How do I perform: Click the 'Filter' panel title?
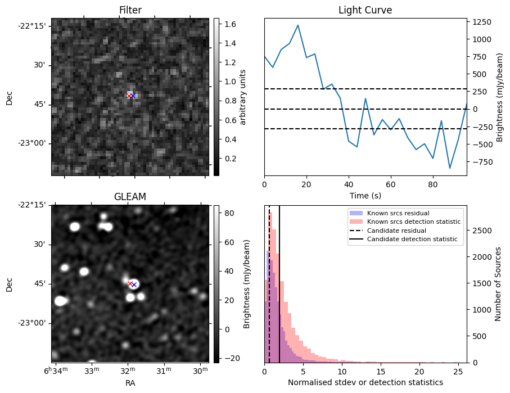pyautogui.click(x=130, y=10)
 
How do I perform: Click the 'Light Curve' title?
pyautogui.click(x=365, y=10)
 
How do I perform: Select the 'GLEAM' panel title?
pyautogui.click(x=130, y=197)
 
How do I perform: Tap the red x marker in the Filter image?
pyautogui.click(x=129, y=96)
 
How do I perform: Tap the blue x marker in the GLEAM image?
pyautogui.click(x=134, y=284)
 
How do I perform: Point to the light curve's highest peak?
pyautogui.click(x=298, y=25)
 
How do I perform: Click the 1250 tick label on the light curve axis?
pyautogui.click(x=480, y=22)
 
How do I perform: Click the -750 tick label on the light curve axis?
pyautogui.click(x=481, y=162)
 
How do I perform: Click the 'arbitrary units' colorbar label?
pyautogui.click(x=243, y=97)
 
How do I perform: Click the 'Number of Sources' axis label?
pyautogui.click(x=498, y=284)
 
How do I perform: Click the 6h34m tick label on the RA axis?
pyautogui.click(x=56, y=370)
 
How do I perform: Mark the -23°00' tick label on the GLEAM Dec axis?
pyautogui.click(x=32, y=323)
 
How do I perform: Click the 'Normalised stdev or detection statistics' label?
pyautogui.click(x=365, y=382)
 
